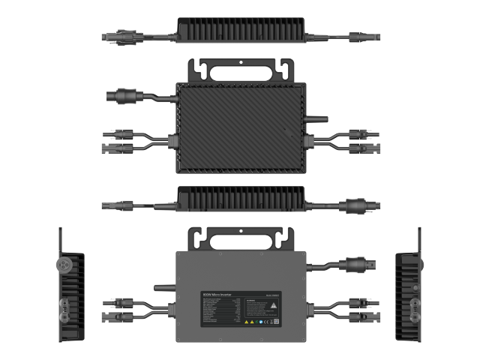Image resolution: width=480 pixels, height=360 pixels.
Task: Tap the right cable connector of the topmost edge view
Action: pos(365,34)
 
